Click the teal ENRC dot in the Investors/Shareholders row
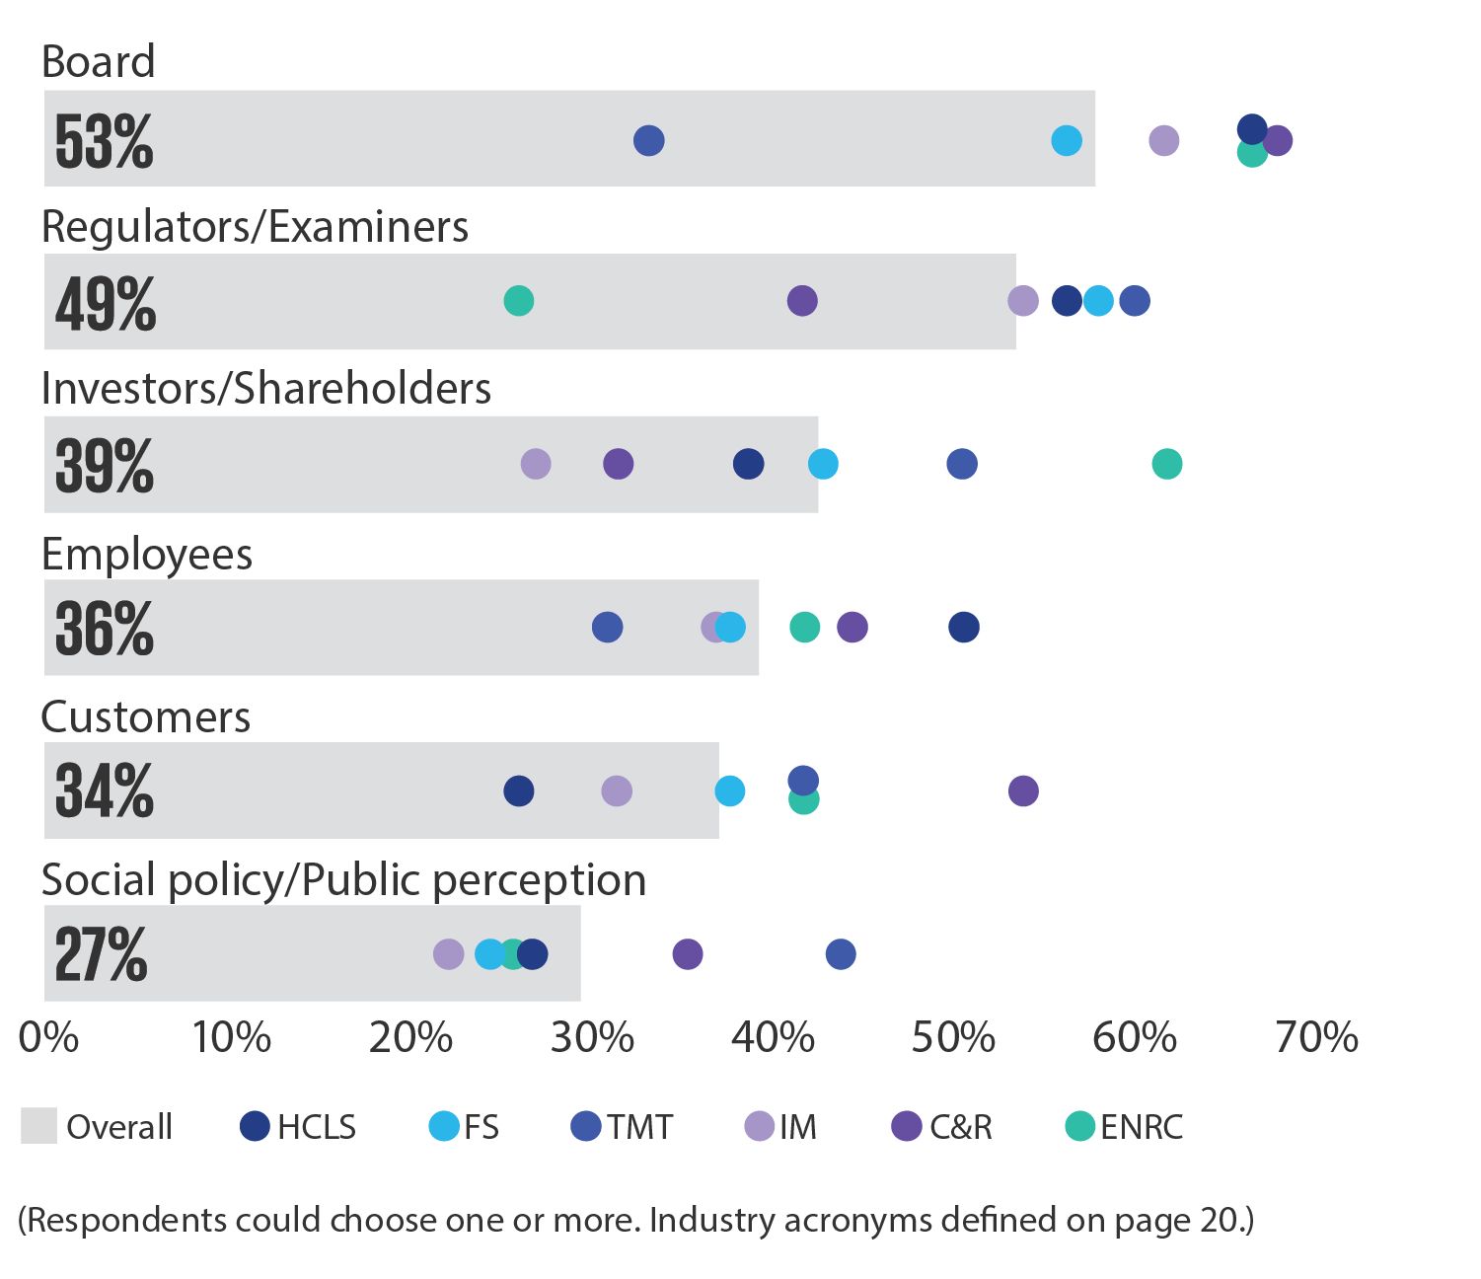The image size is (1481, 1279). pos(1166,464)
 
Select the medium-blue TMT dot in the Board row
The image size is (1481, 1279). pos(648,141)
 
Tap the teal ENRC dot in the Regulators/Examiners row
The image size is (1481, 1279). pos(519,301)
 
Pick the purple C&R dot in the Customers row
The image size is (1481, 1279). pos(1023,790)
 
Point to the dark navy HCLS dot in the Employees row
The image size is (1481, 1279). pos(964,627)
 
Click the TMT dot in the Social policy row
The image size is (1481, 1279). pos(841,954)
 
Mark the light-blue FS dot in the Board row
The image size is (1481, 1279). pos(1067,141)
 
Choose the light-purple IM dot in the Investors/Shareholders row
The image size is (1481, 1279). pos(536,464)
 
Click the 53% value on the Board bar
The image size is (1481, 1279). pos(104,142)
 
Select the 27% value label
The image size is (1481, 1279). pos(101,955)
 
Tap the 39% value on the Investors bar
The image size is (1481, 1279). pos(104,466)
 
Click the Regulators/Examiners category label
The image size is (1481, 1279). pos(255,227)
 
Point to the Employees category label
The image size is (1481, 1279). pos(147,555)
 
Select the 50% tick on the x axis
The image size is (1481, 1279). pos(953,1038)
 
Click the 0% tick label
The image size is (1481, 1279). pos(48,1038)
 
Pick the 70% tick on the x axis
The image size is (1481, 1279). pos(1316,1038)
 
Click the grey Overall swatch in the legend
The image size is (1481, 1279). pos(38,1126)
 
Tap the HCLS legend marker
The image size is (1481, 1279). pos(256,1126)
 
